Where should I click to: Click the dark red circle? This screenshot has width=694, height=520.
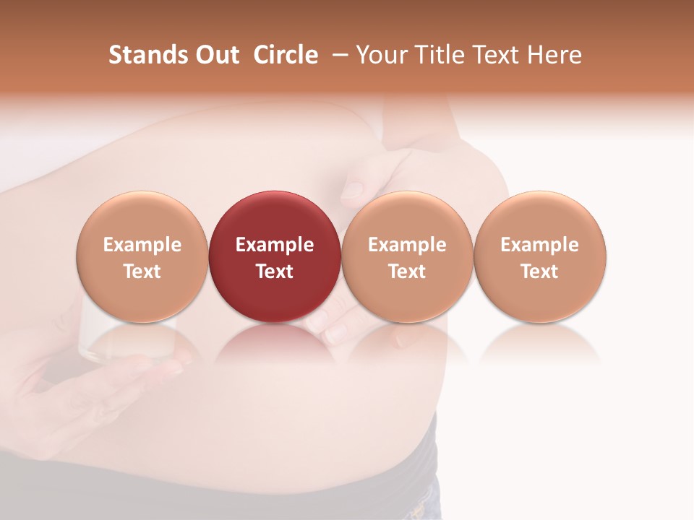tap(275, 256)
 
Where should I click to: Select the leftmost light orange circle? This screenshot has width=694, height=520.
tap(142, 256)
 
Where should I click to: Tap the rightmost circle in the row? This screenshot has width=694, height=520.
tap(540, 256)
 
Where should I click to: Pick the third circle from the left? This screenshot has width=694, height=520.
tap(407, 256)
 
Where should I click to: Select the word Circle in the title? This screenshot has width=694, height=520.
tap(286, 56)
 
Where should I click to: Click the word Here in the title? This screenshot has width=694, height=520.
tap(554, 56)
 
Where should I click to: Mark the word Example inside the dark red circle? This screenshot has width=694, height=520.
tap(275, 245)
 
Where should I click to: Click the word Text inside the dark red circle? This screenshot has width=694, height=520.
tap(275, 272)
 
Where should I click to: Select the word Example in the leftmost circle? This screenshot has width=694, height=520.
tap(142, 245)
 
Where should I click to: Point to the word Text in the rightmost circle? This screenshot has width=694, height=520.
tap(540, 272)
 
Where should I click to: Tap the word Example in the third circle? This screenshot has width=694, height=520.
tap(407, 245)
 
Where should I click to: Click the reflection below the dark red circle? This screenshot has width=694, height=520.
tap(275, 343)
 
